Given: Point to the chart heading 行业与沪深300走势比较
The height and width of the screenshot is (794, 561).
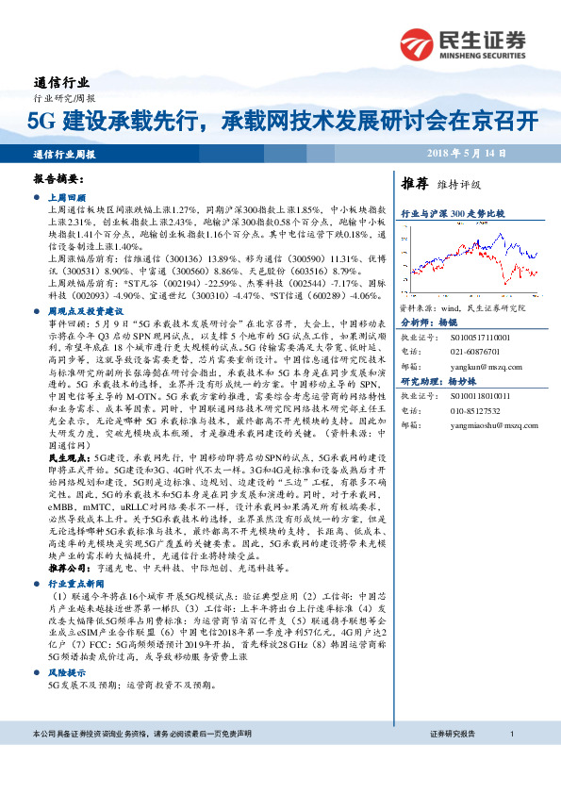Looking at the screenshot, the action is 453,214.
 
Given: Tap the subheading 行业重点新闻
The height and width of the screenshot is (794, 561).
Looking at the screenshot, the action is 77,584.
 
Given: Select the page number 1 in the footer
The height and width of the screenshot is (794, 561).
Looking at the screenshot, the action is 510,759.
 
